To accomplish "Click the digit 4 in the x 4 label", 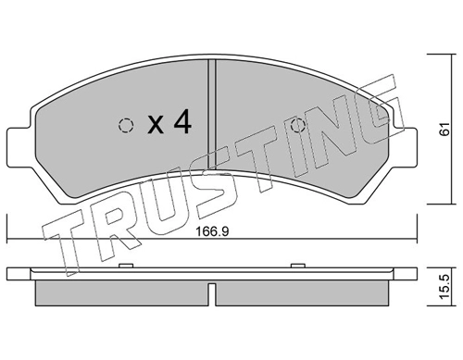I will pos(181,122).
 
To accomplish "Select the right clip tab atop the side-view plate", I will pos(298,267).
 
